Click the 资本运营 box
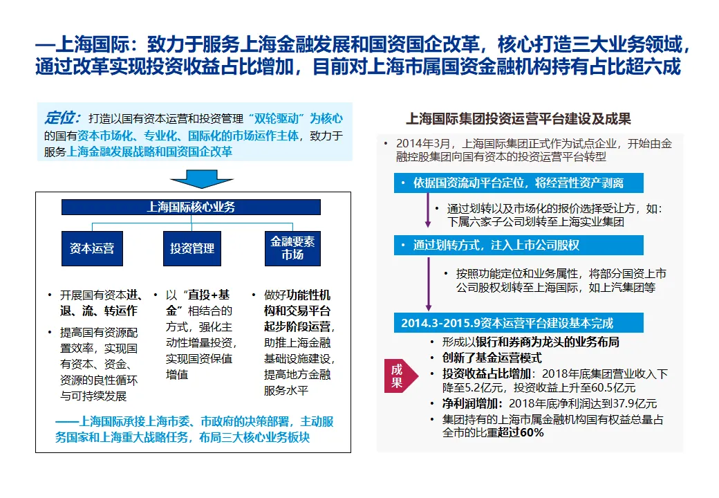tap(92, 248)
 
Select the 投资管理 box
tap(192, 248)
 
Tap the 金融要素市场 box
tap(292, 248)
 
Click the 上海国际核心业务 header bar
tap(192, 207)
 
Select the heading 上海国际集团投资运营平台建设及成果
tap(518, 119)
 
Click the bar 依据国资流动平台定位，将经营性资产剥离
tap(519, 183)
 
